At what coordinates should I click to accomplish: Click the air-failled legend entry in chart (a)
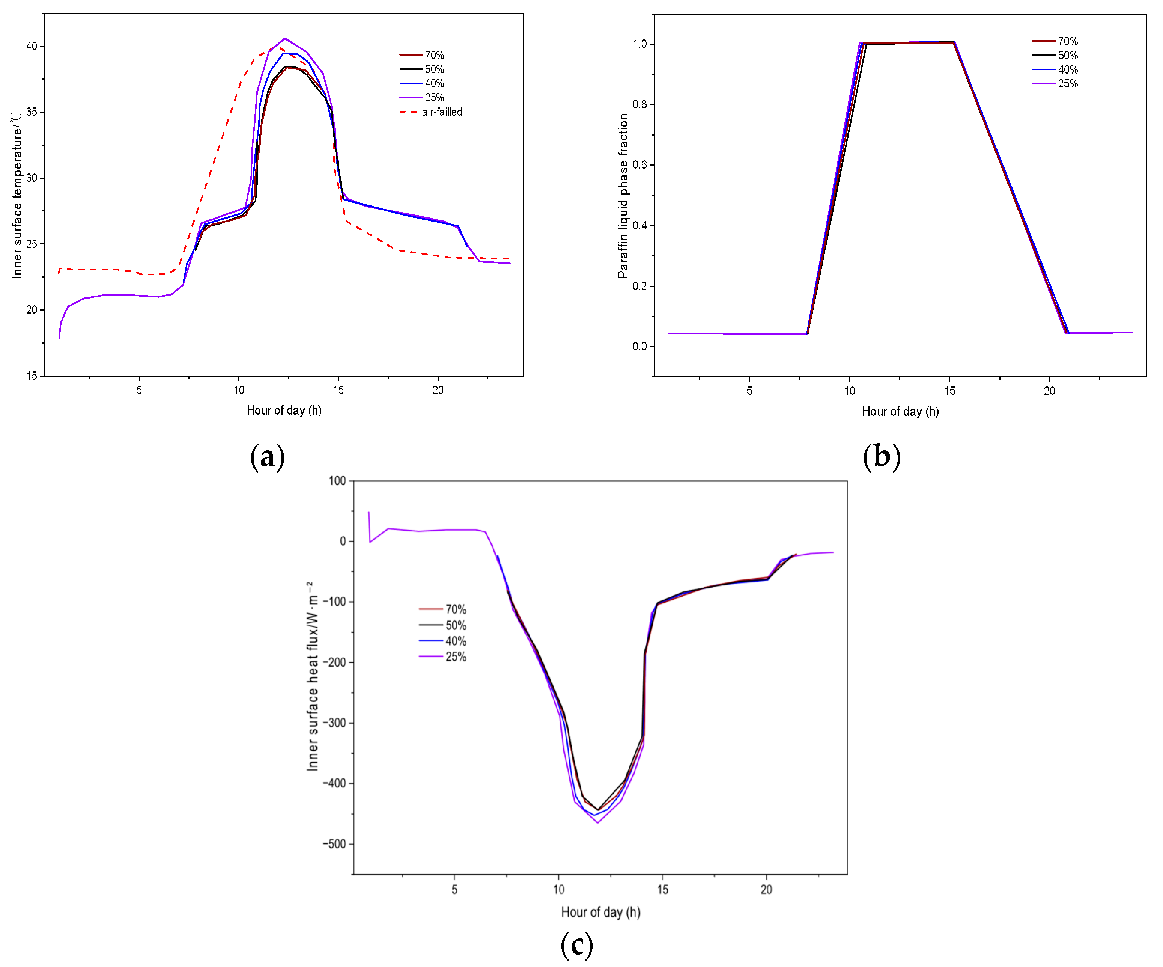pos(431,112)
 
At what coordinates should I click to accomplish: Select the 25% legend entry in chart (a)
pos(422,98)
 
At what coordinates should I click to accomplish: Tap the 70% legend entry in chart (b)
pos(1055,41)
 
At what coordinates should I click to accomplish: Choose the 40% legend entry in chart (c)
pos(442,641)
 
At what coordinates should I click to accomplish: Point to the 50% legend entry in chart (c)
pos(442,626)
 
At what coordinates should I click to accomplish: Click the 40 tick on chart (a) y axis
pos(32,46)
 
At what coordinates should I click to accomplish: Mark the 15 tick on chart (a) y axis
pos(32,376)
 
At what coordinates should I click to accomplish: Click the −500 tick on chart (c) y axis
pos(334,844)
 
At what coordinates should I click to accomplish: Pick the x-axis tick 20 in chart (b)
pos(1049,391)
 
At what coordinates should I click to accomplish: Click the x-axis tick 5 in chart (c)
pos(455,889)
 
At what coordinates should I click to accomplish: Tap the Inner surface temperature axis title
pos(17,195)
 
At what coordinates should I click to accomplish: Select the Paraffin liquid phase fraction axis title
pos(623,196)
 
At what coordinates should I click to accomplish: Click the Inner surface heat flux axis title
pos(312,676)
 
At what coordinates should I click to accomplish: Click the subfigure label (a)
pos(268,457)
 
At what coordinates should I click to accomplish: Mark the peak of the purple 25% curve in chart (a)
pos(285,38)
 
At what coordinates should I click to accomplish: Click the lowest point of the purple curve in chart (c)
pos(597,822)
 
